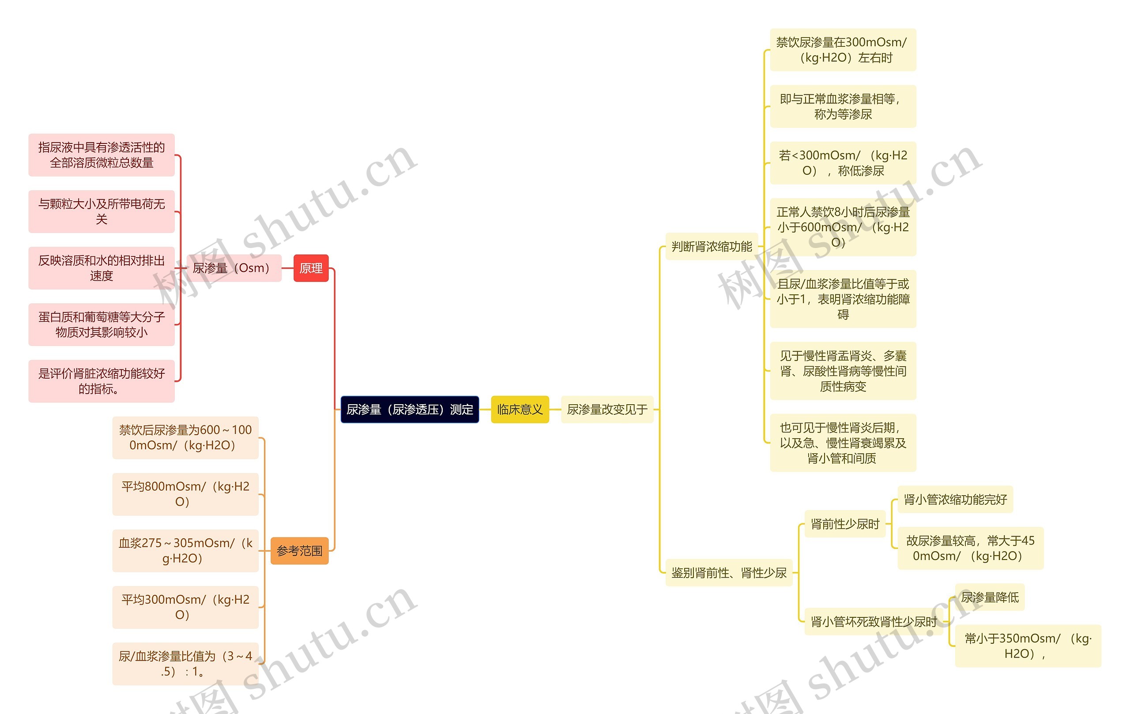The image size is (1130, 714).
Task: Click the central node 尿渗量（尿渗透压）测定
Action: (x=409, y=410)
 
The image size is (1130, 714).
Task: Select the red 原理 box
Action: (x=311, y=268)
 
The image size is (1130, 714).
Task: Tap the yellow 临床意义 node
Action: (x=520, y=410)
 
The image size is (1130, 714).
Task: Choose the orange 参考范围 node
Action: (x=299, y=551)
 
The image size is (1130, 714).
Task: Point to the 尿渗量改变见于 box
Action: (x=607, y=410)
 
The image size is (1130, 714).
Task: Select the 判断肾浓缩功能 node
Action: (x=712, y=247)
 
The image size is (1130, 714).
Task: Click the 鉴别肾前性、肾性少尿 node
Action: (x=729, y=573)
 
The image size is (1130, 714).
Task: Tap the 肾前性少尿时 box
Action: (x=845, y=524)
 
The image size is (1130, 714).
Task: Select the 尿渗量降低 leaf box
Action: (x=990, y=597)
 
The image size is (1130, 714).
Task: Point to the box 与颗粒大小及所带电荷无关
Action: (x=102, y=211)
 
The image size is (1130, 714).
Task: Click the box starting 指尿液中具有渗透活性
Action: (x=102, y=155)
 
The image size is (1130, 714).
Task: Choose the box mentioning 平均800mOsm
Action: (x=185, y=494)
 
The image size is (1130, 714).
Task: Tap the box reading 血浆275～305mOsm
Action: (x=185, y=551)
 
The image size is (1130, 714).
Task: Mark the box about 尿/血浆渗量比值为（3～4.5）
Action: (x=185, y=664)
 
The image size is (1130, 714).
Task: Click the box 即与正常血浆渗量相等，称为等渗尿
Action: (x=843, y=106)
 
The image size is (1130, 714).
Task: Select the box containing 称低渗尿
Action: (x=843, y=163)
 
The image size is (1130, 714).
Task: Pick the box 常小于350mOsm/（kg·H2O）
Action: (x=1028, y=646)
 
